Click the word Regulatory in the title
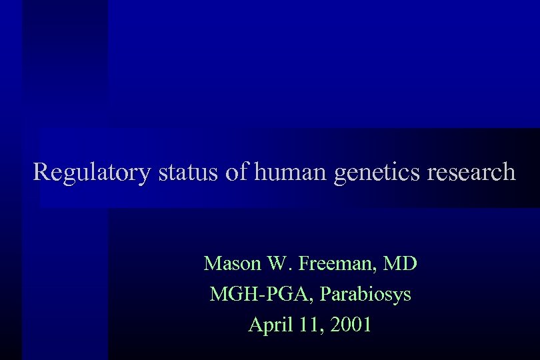click(93, 173)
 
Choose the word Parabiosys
click(366, 295)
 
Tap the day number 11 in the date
click(307, 325)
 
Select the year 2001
click(349, 325)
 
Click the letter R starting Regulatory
click(41, 172)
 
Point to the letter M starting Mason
click(213, 263)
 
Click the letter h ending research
click(509, 172)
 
